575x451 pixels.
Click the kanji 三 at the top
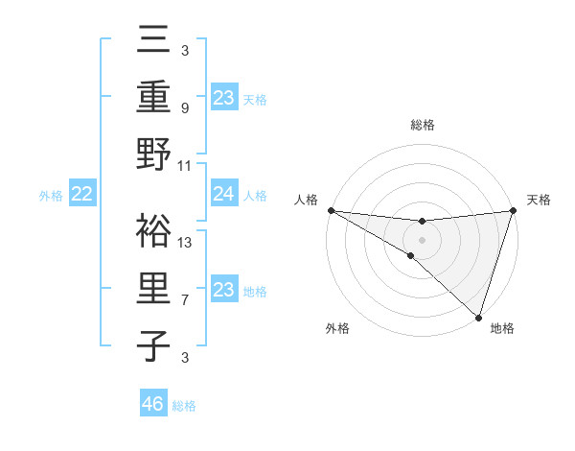click(x=154, y=43)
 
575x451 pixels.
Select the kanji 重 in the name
click(x=154, y=98)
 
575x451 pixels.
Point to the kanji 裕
click(x=154, y=230)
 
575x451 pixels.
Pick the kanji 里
click(x=154, y=288)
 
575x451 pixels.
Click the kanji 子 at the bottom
click(x=154, y=345)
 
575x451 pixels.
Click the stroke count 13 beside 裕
click(x=186, y=242)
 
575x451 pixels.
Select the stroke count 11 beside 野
click(x=186, y=165)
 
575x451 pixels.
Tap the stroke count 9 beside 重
click(x=185, y=108)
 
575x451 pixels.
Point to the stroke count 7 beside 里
click(x=185, y=300)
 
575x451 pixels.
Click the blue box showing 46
click(x=153, y=404)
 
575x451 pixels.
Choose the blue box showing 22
click(x=81, y=195)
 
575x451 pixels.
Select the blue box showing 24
click(x=224, y=195)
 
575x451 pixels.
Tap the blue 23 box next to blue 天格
click(x=224, y=98)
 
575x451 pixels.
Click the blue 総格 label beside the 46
click(x=184, y=406)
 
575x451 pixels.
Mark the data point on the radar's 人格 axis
click(x=331, y=210)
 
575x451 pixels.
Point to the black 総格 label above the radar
click(x=422, y=125)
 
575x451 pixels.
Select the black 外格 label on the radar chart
click(x=337, y=329)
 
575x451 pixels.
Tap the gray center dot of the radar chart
click(x=422, y=239)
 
